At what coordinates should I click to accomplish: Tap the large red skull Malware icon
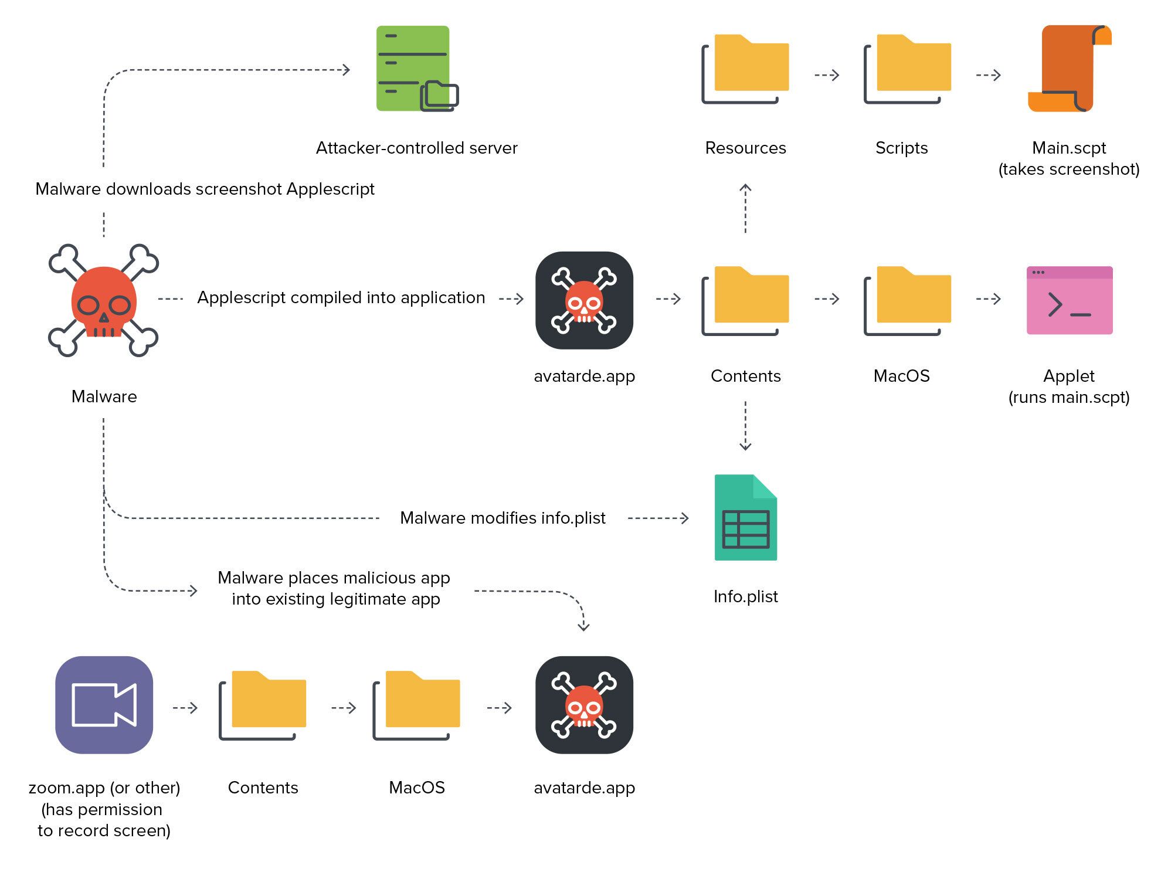pos(104,301)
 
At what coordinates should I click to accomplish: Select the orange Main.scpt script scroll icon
pos(1069,69)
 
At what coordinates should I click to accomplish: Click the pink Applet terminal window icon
pos(1069,300)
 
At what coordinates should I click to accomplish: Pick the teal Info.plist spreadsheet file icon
pos(745,517)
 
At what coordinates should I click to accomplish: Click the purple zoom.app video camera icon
pos(104,704)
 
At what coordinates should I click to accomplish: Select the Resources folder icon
pos(745,69)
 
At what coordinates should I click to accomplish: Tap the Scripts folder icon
pos(907,69)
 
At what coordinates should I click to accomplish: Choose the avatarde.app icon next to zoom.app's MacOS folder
pos(584,704)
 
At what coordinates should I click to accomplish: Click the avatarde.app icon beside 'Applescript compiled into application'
pos(584,300)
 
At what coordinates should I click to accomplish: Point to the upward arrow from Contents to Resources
pos(745,208)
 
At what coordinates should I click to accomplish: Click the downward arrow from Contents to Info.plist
pos(745,426)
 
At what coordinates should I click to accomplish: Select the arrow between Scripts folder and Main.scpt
pos(988,75)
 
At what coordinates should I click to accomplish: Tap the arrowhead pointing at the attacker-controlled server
pos(346,70)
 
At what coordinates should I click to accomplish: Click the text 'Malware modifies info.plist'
pos(503,518)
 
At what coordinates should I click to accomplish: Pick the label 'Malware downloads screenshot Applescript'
pos(205,189)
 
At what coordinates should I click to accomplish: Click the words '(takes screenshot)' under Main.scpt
pos(1068,169)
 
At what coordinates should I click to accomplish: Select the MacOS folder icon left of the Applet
pos(907,300)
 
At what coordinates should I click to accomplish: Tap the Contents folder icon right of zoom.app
pos(263,704)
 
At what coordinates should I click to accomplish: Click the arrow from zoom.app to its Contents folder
pos(185,708)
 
